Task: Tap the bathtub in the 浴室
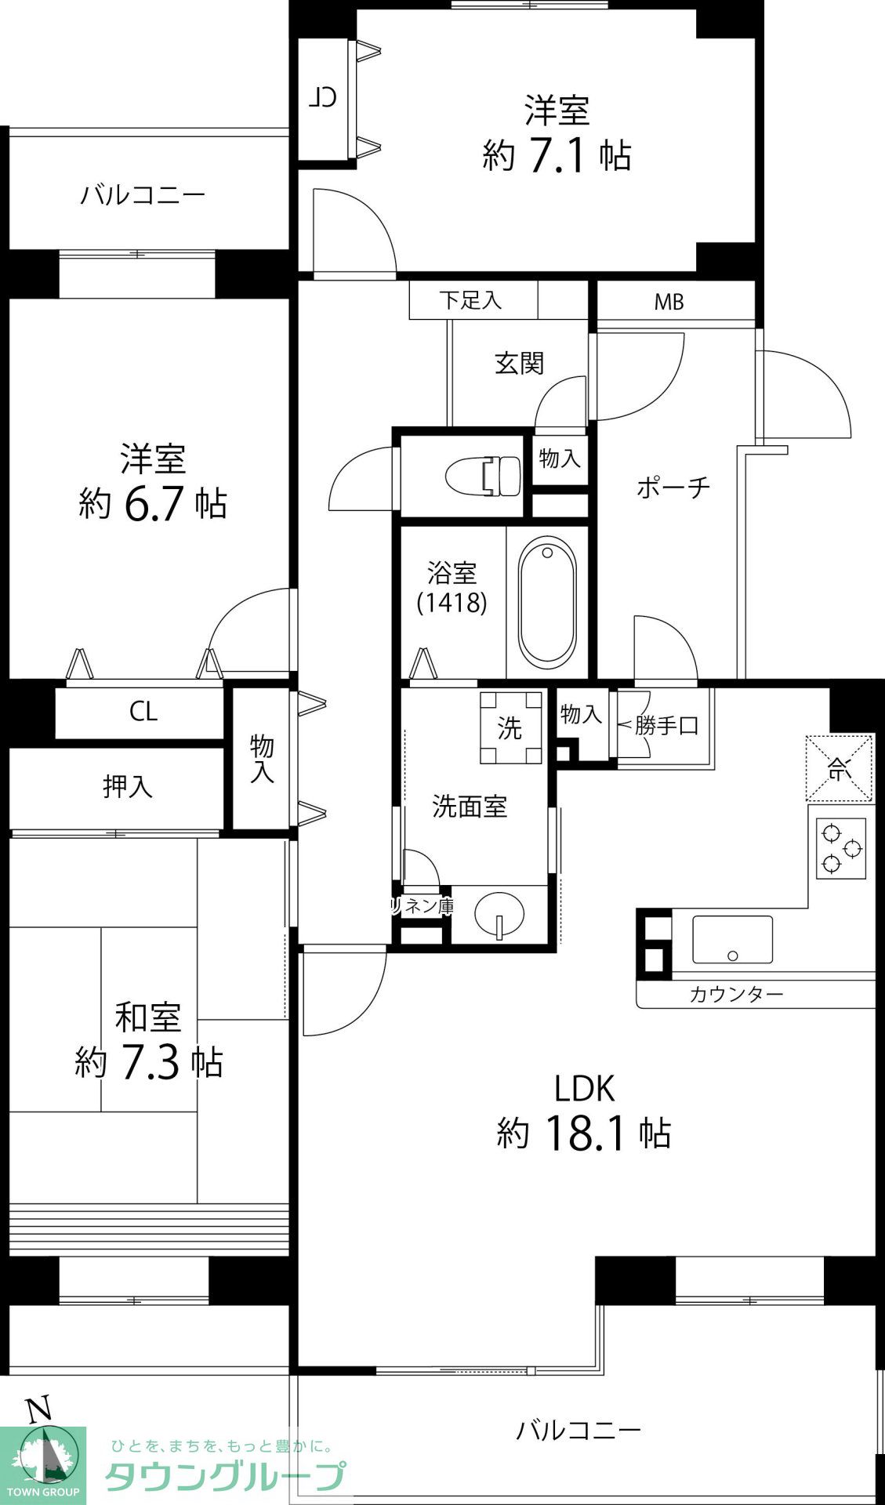547,602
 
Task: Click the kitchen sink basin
732,940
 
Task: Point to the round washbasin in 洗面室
499,914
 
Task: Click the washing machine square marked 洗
510,728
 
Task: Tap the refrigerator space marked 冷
839,768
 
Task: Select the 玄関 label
519,364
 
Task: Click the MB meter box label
669,302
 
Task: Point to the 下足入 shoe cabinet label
470,300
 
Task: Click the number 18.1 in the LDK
583,1133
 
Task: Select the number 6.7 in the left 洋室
153,503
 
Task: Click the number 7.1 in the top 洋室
557,155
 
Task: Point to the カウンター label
736,995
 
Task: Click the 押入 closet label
128,787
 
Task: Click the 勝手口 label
666,726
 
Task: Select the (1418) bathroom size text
452,602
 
